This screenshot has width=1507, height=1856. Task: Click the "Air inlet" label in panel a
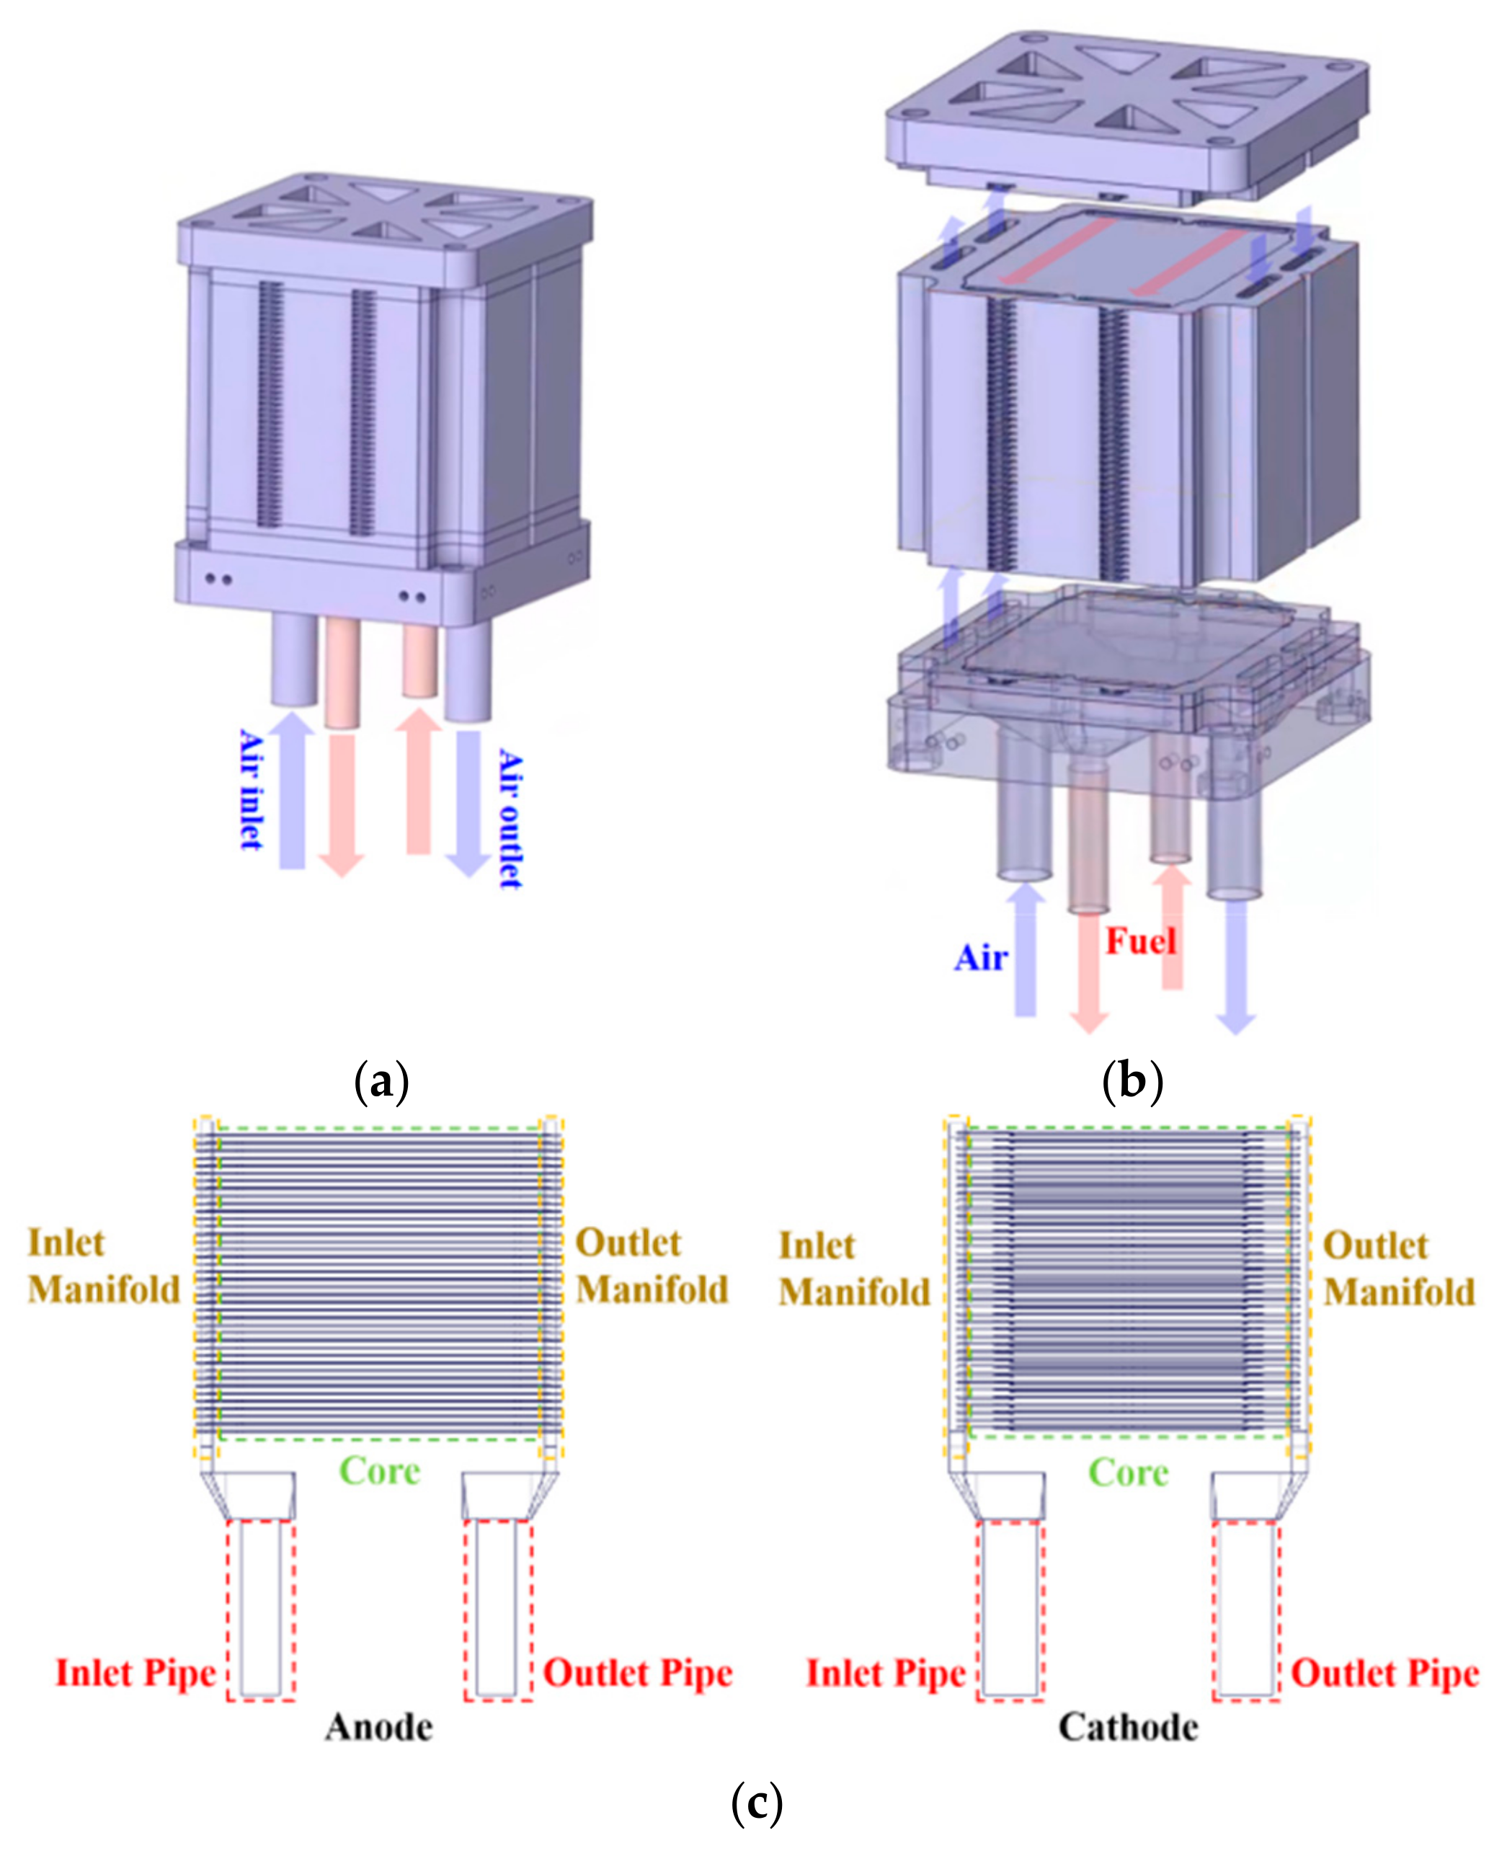point(251,789)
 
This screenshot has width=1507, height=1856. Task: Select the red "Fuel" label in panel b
point(1139,941)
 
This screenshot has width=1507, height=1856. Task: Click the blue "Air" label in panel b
point(981,957)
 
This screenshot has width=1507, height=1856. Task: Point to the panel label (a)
point(382,1083)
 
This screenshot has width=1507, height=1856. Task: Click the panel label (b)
point(1132,1083)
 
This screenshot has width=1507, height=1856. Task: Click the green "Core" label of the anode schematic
point(379,1470)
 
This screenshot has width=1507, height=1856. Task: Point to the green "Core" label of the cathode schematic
point(1129,1473)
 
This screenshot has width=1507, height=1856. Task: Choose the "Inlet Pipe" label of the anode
point(135,1673)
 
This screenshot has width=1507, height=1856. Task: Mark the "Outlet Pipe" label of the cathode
point(1385,1673)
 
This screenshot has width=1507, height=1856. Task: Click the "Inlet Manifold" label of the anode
point(103,1266)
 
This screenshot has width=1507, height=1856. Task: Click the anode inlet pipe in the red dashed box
point(260,1608)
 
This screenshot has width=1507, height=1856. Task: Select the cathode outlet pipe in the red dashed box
point(1247,1608)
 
